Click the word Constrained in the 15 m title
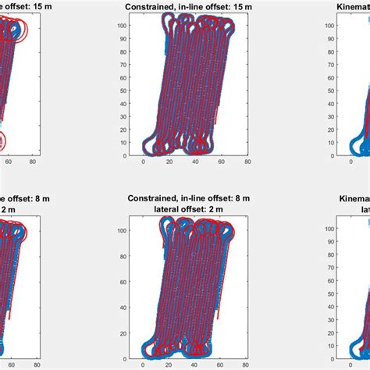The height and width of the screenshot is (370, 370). tap(152, 7)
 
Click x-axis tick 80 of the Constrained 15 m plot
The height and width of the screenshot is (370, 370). tap(247, 162)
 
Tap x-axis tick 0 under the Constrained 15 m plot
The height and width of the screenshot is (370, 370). tap(144, 162)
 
